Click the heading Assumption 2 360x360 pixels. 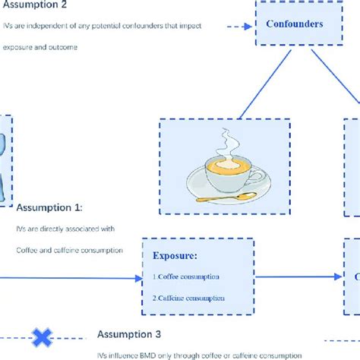point(36,6)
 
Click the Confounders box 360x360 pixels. point(294,24)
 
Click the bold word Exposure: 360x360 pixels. point(175,257)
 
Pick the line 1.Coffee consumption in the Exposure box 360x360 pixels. point(187,276)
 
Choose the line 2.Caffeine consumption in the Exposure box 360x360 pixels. point(188,298)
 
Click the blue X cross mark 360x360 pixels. point(42,335)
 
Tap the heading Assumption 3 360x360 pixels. point(129,334)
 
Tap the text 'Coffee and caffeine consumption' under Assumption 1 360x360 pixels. point(65,248)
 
